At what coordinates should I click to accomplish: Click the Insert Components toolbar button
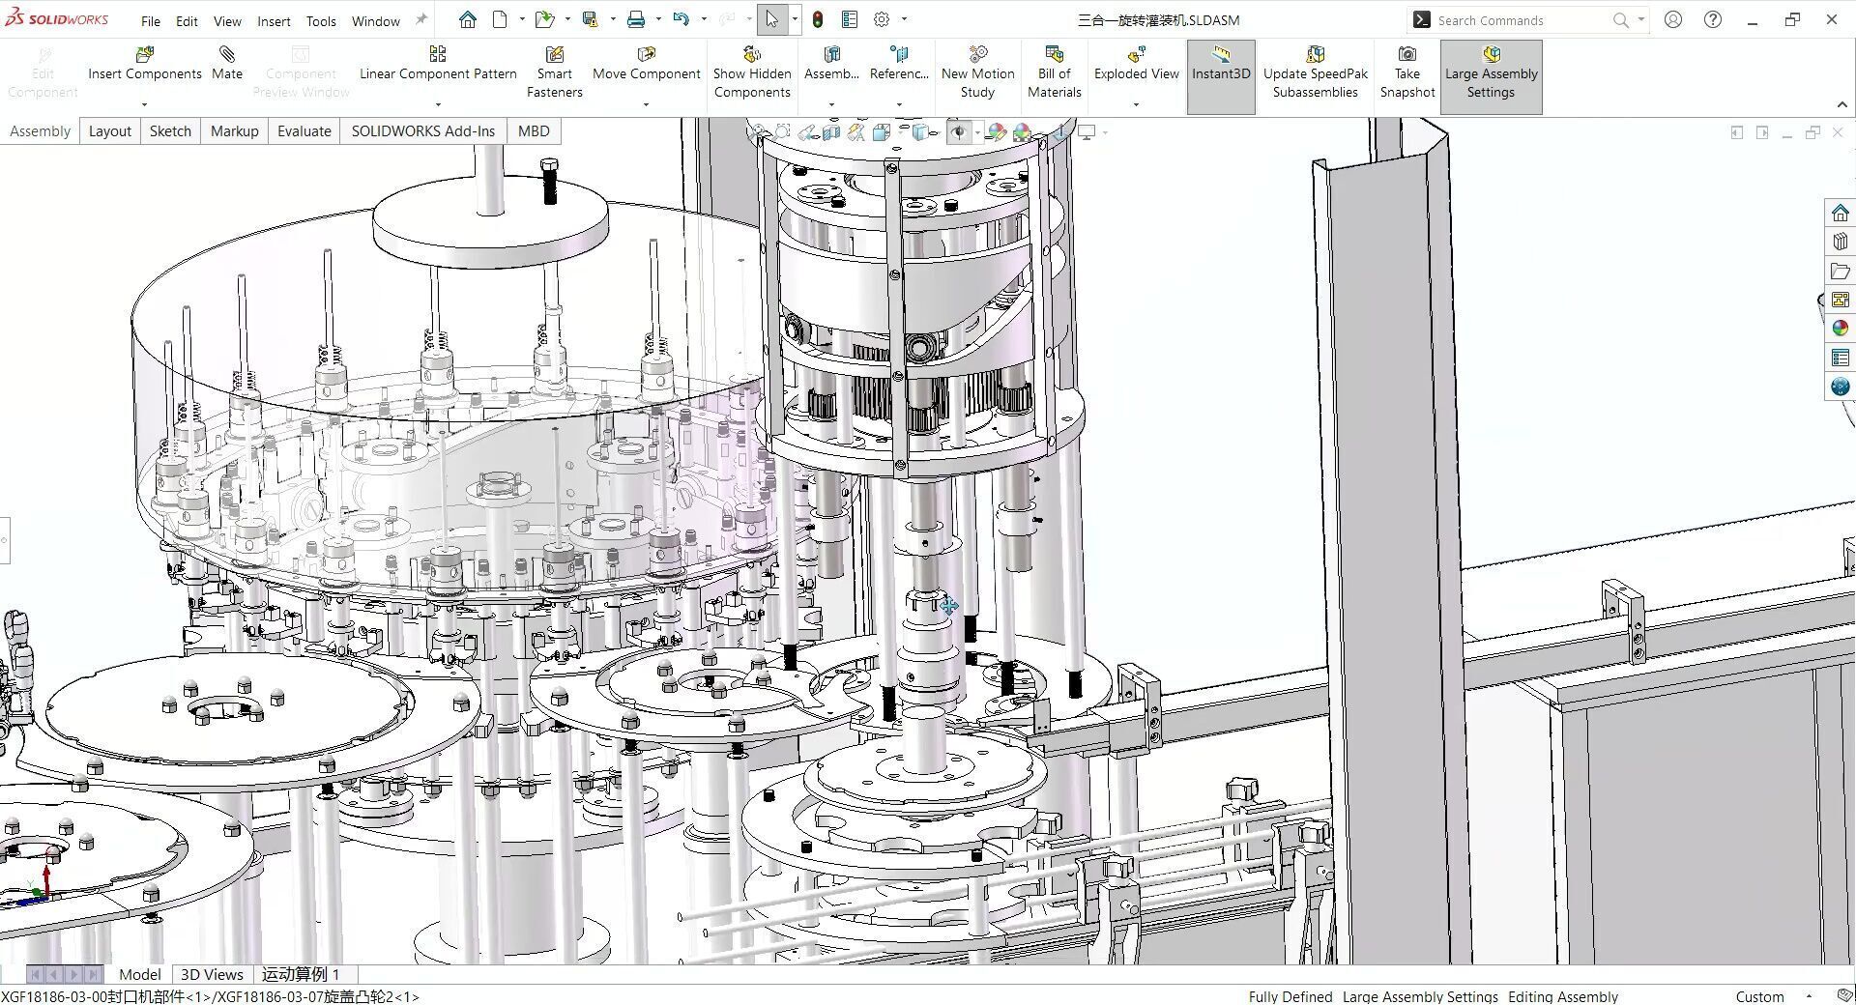(x=145, y=64)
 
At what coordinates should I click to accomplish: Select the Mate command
(x=227, y=64)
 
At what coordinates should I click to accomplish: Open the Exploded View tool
(x=1136, y=64)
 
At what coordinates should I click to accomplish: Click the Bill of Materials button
(x=1054, y=72)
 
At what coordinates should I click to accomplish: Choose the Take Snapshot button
(x=1406, y=72)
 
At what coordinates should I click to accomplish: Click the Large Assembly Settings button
(x=1491, y=72)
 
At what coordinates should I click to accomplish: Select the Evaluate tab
(x=304, y=131)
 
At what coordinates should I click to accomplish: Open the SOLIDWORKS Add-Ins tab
(x=422, y=131)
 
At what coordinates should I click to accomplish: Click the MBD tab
(x=534, y=131)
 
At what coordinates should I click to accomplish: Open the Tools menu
(x=321, y=21)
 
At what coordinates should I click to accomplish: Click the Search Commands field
(x=1518, y=20)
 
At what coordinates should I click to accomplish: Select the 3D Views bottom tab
(x=212, y=974)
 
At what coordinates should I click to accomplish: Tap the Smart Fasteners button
(x=554, y=72)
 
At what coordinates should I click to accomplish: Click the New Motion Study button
(x=977, y=72)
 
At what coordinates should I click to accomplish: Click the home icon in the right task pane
(x=1840, y=214)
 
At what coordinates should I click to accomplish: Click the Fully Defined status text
(x=1290, y=996)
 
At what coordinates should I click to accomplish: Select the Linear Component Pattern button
(x=438, y=64)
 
